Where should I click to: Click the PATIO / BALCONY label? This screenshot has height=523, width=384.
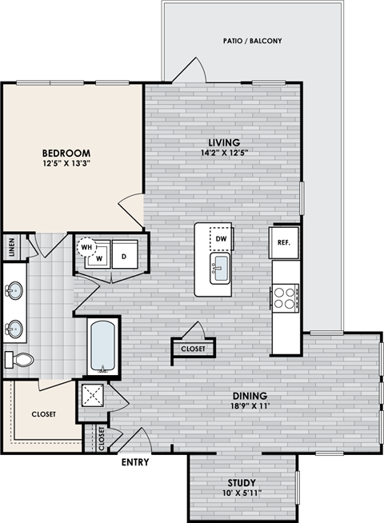point(254,41)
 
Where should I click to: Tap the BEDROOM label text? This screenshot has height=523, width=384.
point(66,153)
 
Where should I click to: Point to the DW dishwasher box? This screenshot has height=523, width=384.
point(222,238)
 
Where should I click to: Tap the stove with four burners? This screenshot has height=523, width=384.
point(285,297)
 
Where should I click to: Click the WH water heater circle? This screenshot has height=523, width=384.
point(86,248)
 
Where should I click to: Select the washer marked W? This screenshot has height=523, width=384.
point(98,258)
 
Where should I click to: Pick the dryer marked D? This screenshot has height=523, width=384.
point(124,256)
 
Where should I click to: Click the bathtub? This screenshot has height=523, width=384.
point(103,345)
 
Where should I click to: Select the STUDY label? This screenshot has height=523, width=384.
point(241,483)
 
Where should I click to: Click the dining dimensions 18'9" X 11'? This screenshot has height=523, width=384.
point(250,405)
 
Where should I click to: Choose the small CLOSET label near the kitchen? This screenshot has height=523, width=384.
point(193,349)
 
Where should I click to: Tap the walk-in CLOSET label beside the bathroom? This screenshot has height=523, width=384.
point(42,414)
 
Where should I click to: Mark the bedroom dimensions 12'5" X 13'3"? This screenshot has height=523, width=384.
point(66,165)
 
